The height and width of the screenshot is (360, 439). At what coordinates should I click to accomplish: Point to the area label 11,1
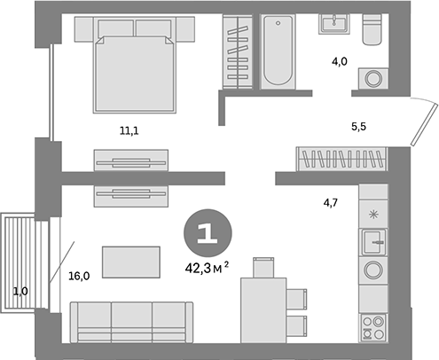[130, 130]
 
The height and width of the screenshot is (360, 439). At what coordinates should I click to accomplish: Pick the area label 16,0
[79, 276]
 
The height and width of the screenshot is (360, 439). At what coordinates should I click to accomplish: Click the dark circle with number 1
[206, 232]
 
